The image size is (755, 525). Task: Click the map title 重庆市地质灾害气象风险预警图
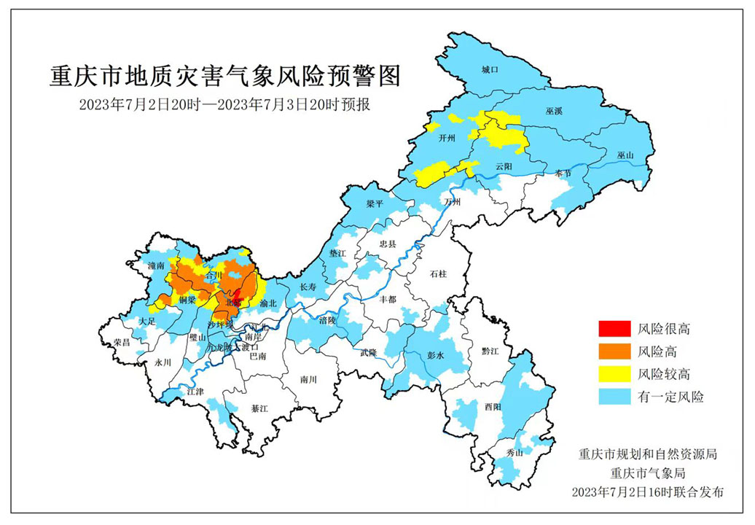[x=225, y=75]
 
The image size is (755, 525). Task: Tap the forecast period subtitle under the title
[x=225, y=104]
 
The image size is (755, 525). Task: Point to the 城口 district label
[x=488, y=70]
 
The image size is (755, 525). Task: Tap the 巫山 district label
[x=625, y=155]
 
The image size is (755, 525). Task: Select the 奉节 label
[x=563, y=173]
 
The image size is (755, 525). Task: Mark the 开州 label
[x=447, y=136]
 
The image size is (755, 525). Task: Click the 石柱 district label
[x=438, y=274]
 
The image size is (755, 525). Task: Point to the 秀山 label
[x=515, y=453]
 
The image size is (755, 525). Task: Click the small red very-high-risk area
[x=235, y=297]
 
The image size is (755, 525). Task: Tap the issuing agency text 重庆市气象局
[x=646, y=472]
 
